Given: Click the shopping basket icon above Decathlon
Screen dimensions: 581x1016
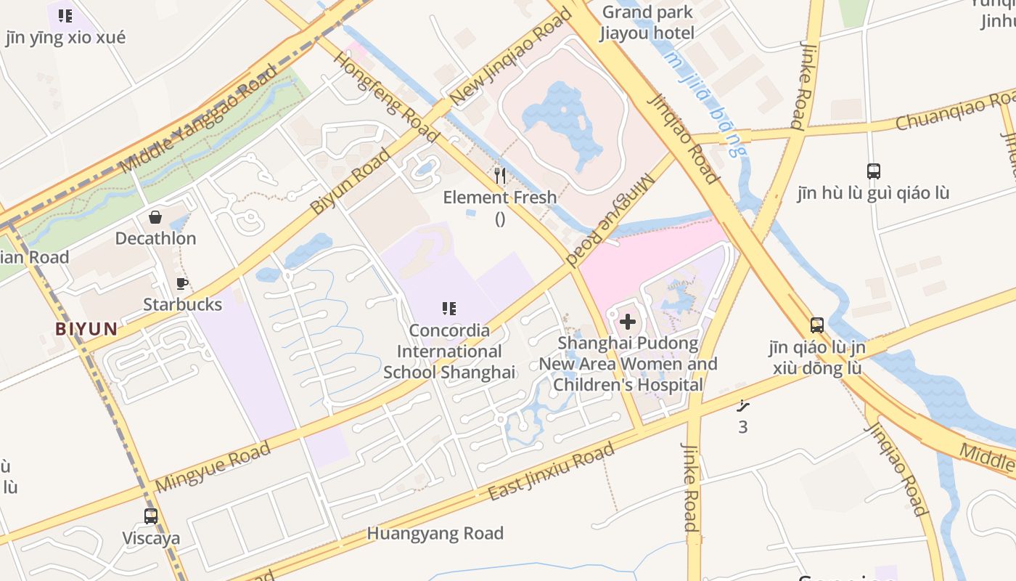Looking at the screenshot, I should coord(155,216).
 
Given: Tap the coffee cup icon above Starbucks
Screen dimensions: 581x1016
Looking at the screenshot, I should coord(181,283).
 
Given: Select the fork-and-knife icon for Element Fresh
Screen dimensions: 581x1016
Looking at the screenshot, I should coord(499,176).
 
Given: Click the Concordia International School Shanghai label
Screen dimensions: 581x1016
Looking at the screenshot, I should coord(449,352).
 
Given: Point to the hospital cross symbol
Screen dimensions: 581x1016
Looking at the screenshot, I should coord(628,321).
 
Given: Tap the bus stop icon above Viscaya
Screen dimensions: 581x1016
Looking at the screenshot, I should coord(151,516).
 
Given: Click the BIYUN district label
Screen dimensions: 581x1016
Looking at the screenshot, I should coord(86,329).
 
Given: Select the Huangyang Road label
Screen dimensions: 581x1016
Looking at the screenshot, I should coord(435,534).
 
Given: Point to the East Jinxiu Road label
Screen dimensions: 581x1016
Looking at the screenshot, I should coord(551,473).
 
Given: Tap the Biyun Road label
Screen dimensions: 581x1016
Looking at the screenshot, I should coord(350,182).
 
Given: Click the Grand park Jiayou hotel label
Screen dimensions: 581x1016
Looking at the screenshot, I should coord(647,23).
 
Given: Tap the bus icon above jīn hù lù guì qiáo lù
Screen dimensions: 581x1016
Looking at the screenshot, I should coord(874,171).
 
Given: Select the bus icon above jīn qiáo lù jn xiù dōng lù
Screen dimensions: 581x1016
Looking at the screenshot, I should coord(817,325).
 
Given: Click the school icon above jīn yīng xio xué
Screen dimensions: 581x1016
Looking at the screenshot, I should coord(65,15).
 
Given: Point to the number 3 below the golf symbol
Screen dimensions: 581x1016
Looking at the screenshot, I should coord(742,427).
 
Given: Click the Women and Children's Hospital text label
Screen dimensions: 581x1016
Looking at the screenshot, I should coord(628,364).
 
